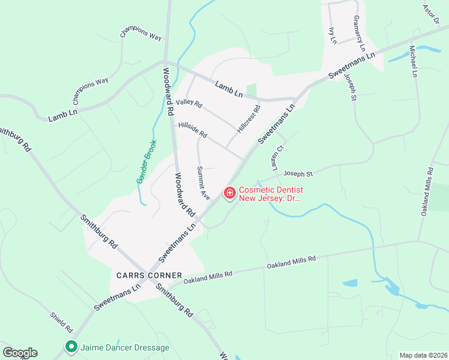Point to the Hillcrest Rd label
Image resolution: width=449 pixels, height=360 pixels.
click(x=249, y=119)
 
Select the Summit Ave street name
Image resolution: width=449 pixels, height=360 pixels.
click(x=204, y=183)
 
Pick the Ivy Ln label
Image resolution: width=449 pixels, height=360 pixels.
click(x=333, y=35)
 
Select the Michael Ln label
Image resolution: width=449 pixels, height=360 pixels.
click(x=414, y=61)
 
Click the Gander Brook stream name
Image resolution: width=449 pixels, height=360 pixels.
click(x=146, y=162)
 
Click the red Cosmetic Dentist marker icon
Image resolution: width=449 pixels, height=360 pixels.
click(x=229, y=193)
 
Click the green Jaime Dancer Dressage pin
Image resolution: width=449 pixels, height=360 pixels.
click(x=71, y=347)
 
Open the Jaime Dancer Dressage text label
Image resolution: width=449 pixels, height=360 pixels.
click(x=125, y=347)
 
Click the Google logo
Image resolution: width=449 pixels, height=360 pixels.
click(x=20, y=353)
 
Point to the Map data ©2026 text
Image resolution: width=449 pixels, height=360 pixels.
click(x=423, y=355)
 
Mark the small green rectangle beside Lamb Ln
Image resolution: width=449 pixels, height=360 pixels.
click(x=252, y=90)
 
